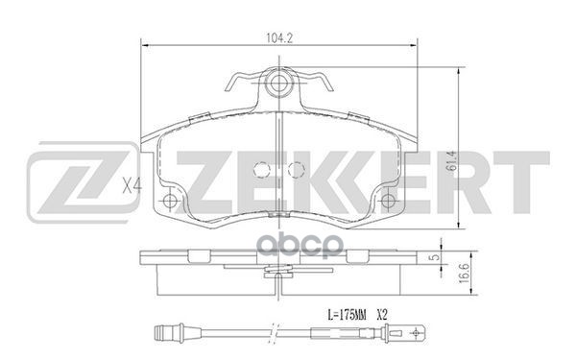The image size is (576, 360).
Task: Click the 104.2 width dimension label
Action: [279, 37]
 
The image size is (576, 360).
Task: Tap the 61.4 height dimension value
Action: [452, 162]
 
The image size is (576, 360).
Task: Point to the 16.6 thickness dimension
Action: [465, 274]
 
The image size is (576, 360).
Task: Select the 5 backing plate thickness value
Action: [436, 257]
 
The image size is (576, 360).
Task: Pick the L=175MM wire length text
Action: [348, 315]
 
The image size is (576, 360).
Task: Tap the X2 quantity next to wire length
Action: [382, 315]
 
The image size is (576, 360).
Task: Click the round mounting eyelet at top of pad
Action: [277, 84]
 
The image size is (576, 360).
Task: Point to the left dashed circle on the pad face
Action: [262, 169]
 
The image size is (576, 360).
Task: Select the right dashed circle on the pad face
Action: [297, 169]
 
